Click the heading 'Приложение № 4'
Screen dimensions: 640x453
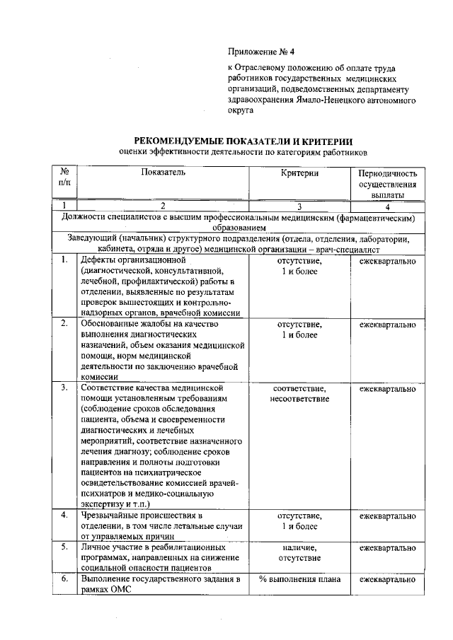(260, 52)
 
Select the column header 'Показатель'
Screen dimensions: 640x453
(163, 173)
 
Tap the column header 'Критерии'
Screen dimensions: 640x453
(299, 173)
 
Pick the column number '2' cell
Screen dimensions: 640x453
(163, 206)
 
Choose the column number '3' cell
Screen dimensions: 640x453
(299, 206)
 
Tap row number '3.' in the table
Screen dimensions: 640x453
(64, 388)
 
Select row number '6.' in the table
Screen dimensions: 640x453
(64, 580)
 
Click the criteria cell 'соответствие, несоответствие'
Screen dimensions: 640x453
(299, 394)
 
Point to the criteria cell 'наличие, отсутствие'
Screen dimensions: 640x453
(299, 553)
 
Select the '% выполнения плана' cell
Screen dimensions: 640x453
(299, 580)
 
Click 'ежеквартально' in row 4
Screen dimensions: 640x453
(387, 516)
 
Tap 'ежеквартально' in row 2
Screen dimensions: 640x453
(387, 325)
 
